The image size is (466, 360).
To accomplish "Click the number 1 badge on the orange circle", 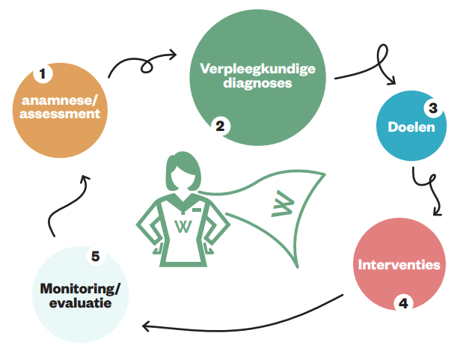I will coord(43,74).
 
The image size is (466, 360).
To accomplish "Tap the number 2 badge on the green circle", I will coord(219,126).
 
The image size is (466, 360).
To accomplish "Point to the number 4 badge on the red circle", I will coord(403,303).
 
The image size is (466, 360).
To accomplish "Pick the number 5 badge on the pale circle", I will coord(95,257).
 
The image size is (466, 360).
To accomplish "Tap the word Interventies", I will coord(399,265).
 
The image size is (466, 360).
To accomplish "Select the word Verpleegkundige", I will coord(258,70).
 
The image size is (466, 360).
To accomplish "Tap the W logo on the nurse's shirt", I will coord(182,225).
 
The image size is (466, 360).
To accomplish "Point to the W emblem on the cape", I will coord(282,204).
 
